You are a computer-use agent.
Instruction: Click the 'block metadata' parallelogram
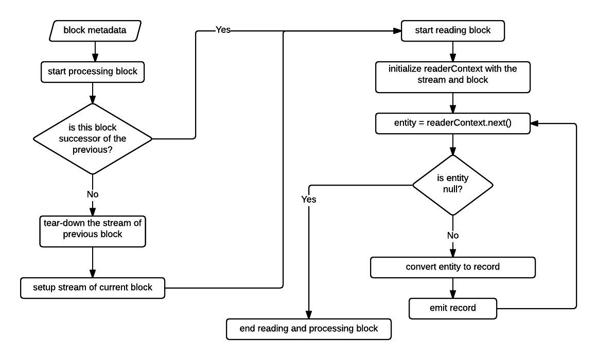(95, 30)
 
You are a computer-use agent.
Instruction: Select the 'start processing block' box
(93, 71)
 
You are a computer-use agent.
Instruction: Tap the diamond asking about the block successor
(93, 139)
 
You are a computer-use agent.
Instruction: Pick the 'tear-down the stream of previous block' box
(93, 231)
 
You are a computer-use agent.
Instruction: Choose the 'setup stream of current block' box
(93, 287)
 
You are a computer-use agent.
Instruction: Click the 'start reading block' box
(453, 30)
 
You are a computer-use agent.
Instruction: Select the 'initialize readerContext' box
(453, 77)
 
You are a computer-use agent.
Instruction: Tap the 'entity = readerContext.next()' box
(453, 123)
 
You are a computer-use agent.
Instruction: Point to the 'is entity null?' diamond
(453, 185)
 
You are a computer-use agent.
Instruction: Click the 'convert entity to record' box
(453, 267)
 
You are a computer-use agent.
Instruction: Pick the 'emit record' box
(453, 308)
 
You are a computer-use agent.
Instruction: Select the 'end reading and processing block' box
(309, 329)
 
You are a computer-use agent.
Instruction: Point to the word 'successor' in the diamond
(77, 139)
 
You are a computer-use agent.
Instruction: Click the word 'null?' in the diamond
(453, 189)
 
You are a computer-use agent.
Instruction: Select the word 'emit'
(438, 308)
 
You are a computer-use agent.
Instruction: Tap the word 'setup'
(44, 287)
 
